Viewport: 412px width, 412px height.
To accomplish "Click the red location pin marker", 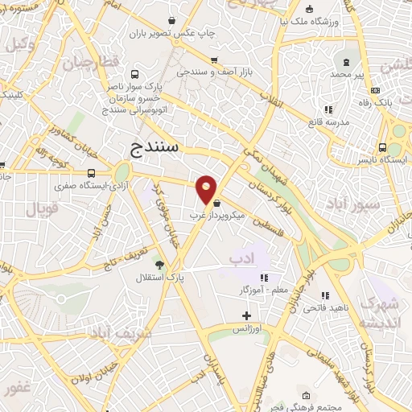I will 207,189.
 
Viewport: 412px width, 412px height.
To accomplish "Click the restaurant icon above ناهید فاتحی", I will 326,296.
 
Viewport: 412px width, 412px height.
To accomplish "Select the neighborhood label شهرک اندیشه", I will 379,313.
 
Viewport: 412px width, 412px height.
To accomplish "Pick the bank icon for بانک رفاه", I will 398,92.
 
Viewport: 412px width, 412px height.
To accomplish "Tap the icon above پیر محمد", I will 347,62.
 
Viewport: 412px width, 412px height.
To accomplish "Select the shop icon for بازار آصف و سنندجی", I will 213,60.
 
